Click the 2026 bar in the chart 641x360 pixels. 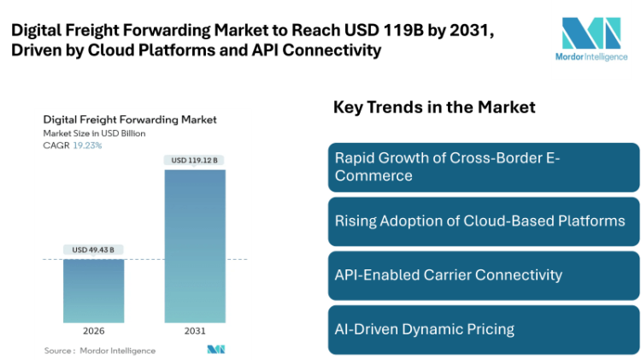94,290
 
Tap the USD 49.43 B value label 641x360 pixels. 94,250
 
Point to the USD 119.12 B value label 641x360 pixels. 195,160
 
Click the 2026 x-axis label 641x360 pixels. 94,330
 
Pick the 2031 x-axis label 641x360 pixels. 195,330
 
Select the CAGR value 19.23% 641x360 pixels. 86,145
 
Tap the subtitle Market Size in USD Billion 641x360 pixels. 94,133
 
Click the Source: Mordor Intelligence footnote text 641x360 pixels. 100,350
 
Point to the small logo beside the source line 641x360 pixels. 215,350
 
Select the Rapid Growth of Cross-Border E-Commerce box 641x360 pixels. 483,167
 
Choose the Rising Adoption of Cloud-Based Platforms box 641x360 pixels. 483,221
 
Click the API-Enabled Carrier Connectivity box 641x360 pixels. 483,274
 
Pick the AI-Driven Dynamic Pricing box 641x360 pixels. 483,328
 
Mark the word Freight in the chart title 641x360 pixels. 107,120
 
